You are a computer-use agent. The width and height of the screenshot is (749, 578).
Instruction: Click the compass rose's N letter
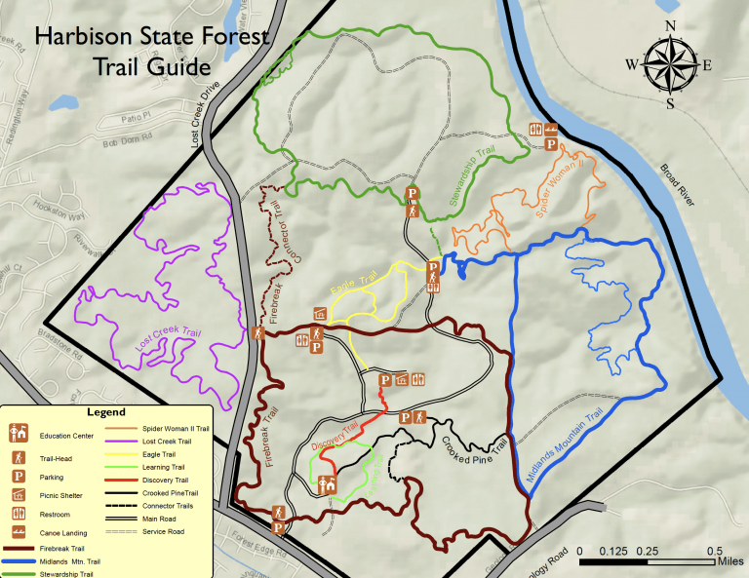(670, 26)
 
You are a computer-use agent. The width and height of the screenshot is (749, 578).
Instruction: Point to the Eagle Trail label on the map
(353, 286)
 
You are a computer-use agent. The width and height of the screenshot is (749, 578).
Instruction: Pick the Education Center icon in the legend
(18, 430)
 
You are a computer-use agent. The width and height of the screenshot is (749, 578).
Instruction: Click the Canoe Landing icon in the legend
(18, 532)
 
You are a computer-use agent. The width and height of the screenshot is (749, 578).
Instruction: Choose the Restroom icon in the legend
(18, 514)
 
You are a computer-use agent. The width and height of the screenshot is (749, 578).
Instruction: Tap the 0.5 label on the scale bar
(715, 551)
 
